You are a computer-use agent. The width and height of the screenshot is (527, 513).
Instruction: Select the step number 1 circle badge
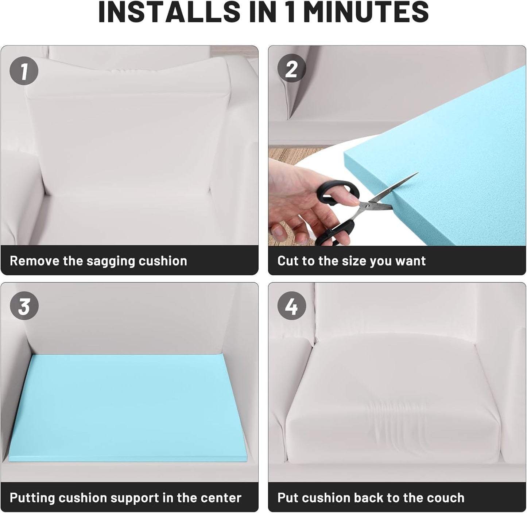[24, 71]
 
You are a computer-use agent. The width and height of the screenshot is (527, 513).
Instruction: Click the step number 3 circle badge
[24, 306]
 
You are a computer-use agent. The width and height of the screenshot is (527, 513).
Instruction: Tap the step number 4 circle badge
[292, 306]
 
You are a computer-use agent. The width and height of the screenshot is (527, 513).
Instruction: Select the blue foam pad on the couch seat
[128, 408]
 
